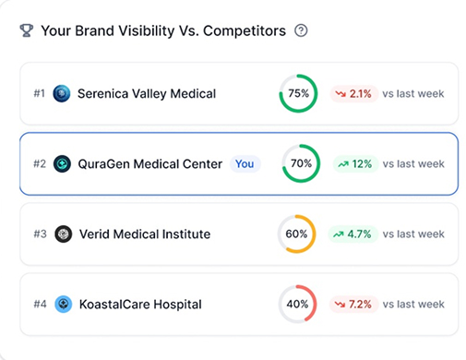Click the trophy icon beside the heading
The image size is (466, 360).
pyautogui.click(x=26, y=30)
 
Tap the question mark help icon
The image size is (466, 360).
pyautogui.click(x=301, y=30)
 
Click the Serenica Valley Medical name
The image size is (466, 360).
pyautogui.click(x=146, y=93)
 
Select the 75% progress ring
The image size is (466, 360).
pyautogui.click(x=298, y=93)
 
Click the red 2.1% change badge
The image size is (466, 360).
pyautogui.click(x=353, y=93)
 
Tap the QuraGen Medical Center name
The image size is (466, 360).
pyautogui.click(x=149, y=163)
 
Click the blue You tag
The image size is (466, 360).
pyautogui.click(x=245, y=163)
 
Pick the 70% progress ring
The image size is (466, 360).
pyautogui.click(x=301, y=163)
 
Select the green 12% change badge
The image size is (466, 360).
pyautogui.click(x=354, y=163)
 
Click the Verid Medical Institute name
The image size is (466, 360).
pyautogui.click(x=144, y=234)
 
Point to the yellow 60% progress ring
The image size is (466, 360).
pyautogui.click(x=297, y=234)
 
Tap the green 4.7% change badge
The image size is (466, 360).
pyautogui.click(x=354, y=234)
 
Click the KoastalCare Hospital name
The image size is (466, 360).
pyautogui.click(x=138, y=304)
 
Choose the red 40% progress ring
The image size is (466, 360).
pyautogui.click(x=297, y=304)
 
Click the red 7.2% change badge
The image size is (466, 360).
pyautogui.click(x=353, y=304)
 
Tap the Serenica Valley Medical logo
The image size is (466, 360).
pyautogui.click(x=63, y=93)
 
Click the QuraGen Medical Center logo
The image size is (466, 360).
pyautogui.click(x=63, y=163)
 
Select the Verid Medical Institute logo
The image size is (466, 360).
pyautogui.click(x=63, y=234)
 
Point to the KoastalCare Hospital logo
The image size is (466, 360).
pyautogui.click(x=63, y=304)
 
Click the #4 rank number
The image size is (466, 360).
pyautogui.click(x=40, y=304)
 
